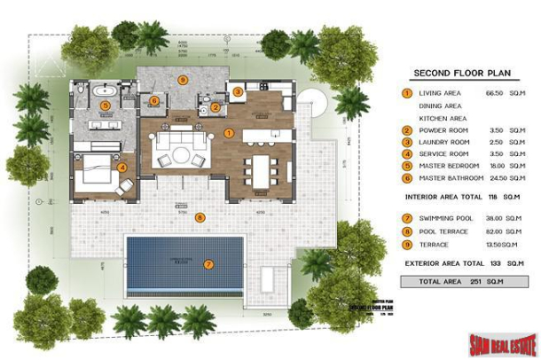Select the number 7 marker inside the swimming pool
click(x=208, y=263)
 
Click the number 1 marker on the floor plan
click(x=229, y=134)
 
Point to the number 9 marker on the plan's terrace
click(x=183, y=79)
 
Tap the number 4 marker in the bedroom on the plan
click(x=122, y=166)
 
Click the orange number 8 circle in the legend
click(x=406, y=230)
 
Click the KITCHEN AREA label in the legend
click(x=443, y=117)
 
